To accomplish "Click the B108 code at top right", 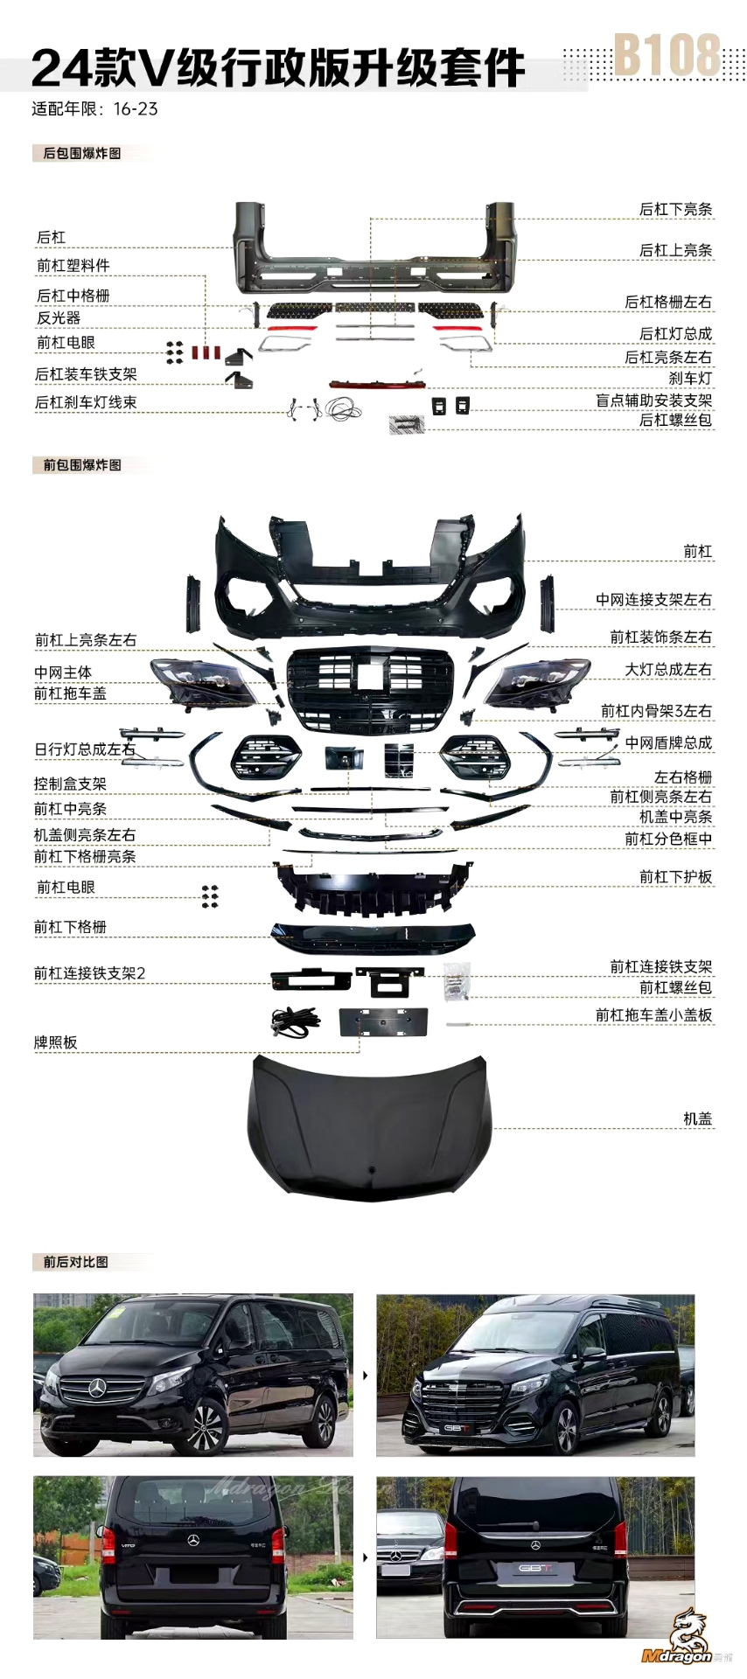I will pyautogui.click(x=667, y=56).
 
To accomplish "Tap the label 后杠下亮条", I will pyautogui.click(x=675, y=209).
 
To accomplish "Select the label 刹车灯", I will pyautogui.click(x=690, y=378).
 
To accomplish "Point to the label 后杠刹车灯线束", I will pyautogui.click(x=86, y=402).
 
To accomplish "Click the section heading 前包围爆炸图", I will pyautogui.click(x=82, y=464).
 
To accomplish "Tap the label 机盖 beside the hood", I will pyautogui.click(x=697, y=1118).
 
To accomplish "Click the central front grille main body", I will pyautogui.click(x=371, y=690).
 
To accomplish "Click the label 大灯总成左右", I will pyautogui.click(x=667, y=669).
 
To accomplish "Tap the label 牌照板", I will pyautogui.click(x=55, y=1042).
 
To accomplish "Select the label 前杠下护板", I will pyautogui.click(x=675, y=876).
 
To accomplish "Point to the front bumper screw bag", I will pyautogui.click(x=457, y=981).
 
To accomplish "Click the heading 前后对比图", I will pyautogui.click(x=75, y=1261).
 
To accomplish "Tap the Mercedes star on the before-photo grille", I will pyautogui.click(x=98, y=1388).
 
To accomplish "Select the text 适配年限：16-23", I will pyautogui.click(x=94, y=109).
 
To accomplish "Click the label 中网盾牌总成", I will pyautogui.click(x=668, y=742).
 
